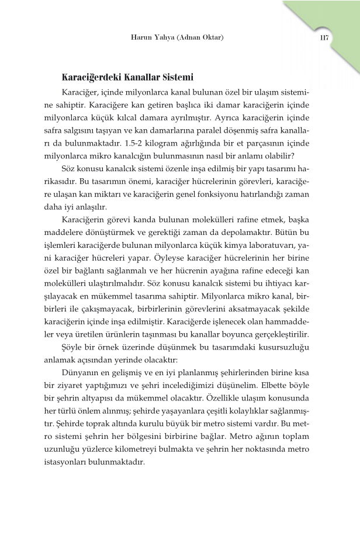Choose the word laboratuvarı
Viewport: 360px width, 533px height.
click(x=277, y=246)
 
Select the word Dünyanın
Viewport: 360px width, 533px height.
click(x=81, y=375)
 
